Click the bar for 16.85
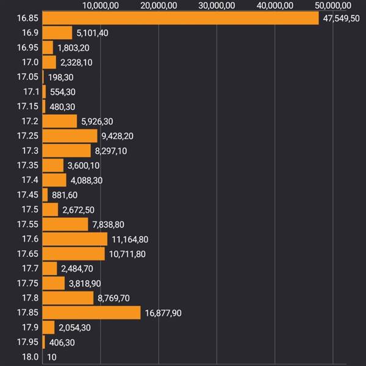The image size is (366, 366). [181, 18]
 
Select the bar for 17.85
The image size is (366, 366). [91, 313]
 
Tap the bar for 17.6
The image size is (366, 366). [75, 239]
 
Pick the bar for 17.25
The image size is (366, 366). [70, 135]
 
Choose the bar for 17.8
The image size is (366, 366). [68, 298]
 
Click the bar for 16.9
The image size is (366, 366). [57, 33]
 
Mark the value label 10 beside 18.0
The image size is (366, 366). [52, 357]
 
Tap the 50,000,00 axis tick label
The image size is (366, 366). [333, 5]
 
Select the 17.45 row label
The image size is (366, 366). [28, 195]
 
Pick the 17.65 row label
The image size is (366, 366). [28, 254]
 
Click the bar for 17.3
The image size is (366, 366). [66, 151]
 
